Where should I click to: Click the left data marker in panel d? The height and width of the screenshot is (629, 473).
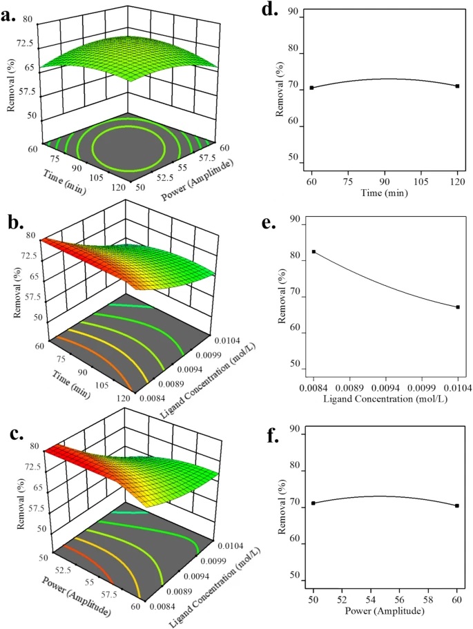311,88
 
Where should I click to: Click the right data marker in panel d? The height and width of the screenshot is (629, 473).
457,86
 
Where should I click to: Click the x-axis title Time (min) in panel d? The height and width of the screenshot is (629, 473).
384,193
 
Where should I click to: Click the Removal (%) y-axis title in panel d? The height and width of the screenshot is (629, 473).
280,93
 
